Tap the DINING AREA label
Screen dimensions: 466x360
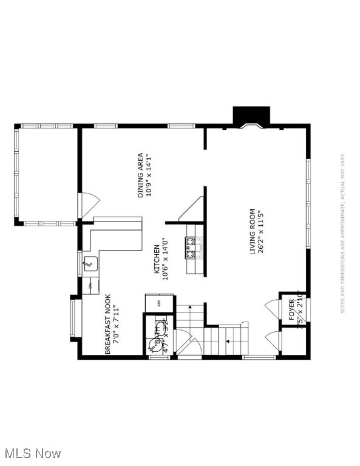pos(141,175)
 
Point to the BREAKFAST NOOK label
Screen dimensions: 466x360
pos(107,324)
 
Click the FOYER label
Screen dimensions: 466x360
pos(292,309)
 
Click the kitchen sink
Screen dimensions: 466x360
pos(90,263)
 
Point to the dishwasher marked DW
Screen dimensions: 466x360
pos(90,285)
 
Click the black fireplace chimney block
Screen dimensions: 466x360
pos(251,115)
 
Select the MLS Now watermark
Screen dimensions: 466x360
pos(32,453)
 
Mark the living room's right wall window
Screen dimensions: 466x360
pos(308,203)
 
